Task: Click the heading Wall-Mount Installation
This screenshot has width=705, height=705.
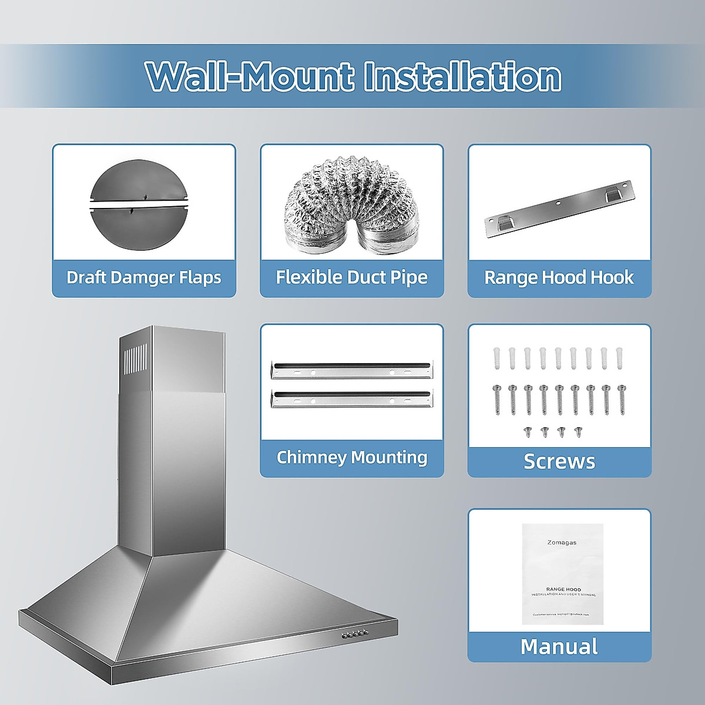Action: tap(353, 76)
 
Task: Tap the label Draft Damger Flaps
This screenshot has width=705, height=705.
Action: tap(144, 277)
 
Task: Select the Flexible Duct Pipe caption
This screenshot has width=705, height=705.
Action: tap(352, 277)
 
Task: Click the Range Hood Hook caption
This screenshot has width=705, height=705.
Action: tap(559, 277)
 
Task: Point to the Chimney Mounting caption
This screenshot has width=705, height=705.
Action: tap(352, 457)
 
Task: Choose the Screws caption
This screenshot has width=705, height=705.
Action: tap(559, 461)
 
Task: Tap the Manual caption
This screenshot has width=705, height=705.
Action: tap(559, 646)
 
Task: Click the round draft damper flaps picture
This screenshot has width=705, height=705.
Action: tap(138, 200)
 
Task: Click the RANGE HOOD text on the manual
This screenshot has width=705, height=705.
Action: tap(563, 589)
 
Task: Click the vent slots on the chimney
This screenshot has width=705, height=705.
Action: tap(136, 360)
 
